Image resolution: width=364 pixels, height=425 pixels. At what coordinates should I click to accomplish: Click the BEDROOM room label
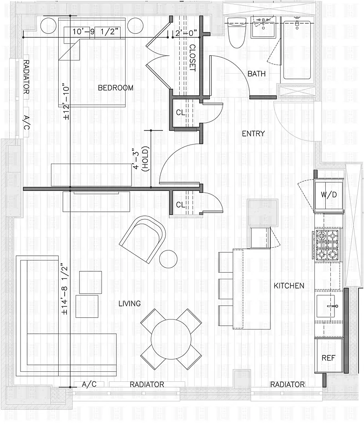(116, 88)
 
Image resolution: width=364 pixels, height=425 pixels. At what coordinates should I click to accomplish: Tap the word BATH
(256, 74)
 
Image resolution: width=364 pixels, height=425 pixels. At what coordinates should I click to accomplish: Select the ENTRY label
(253, 133)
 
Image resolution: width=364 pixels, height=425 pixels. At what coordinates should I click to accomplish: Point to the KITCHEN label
(288, 286)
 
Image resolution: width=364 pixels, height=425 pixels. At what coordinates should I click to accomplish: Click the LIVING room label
(130, 303)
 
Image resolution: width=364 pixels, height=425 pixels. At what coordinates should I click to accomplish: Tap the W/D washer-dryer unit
(329, 195)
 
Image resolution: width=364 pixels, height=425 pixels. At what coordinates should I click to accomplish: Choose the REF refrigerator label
(328, 358)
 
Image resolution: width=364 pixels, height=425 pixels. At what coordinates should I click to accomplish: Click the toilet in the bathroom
(237, 33)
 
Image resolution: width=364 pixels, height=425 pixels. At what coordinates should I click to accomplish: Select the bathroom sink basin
(263, 27)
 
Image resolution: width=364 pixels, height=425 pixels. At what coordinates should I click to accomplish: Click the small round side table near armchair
(168, 259)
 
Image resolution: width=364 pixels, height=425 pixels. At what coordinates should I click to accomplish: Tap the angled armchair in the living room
(142, 239)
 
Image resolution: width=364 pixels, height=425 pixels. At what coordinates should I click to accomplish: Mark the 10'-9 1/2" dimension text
(96, 32)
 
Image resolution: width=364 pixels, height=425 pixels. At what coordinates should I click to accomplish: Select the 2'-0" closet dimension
(186, 33)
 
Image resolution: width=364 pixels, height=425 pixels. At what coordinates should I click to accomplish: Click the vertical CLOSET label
(192, 58)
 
